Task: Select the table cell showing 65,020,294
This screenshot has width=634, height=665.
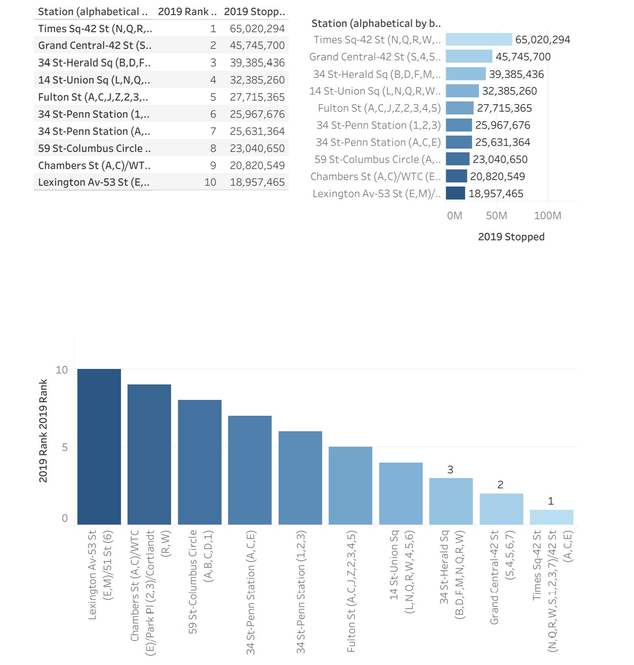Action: pyautogui.click(x=257, y=29)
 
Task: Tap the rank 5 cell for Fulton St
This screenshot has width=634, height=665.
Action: pyautogui.click(x=213, y=97)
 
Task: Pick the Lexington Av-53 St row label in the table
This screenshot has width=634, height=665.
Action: pyautogui.click(x=94, y=182)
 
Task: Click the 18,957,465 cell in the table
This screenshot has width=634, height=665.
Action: pyautogui.click(x=257, y=182)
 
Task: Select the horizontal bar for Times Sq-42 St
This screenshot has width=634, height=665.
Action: pyautogui.click(x=479, y=40)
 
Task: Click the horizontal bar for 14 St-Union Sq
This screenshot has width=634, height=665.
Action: pyautogui.click(x=462, y=91)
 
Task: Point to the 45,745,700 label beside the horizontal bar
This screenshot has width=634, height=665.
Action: pyautogui.click(x=523, y=57)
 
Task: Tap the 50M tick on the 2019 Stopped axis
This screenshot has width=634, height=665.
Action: pyautogui.click(x=496, y=215)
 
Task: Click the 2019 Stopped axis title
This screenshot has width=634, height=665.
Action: pyautogui.click(x=511, y=237)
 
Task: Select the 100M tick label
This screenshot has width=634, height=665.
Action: pyautogui.click(x=547, y=215)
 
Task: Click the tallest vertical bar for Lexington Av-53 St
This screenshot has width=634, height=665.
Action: pyautogui.click(x=99, y=446)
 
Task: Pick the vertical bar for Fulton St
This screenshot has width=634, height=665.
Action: pyautogui.click(x=350, y=485)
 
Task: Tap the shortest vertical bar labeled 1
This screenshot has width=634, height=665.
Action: pyautogui.click(x=551, y=517)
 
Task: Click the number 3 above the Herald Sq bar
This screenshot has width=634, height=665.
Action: pyautogui.click(x=450, y=470)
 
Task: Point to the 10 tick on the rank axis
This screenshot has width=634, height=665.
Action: pyautogui.click(x=61, y=370)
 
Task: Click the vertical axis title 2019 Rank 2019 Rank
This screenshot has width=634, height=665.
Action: pyautogui.click(x=43, y=431)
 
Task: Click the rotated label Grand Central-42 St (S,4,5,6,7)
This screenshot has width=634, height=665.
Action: pyautogui.click(x=502, y=577)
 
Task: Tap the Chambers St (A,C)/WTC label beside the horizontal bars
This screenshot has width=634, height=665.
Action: pyautogui.click(x=375, y=176)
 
